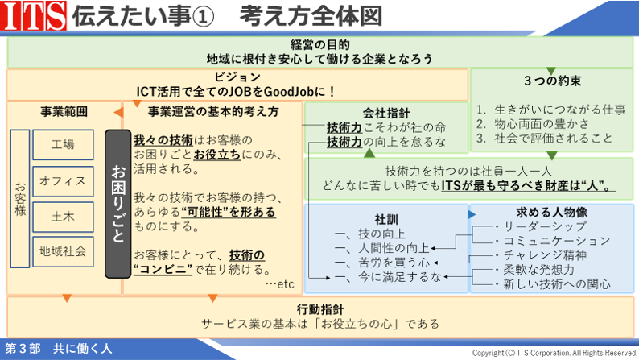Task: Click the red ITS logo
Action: (33, 15)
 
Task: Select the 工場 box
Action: (63, 144)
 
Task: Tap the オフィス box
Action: (63, 181)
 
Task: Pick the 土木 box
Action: (63, 217)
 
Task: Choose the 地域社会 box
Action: (63, 251)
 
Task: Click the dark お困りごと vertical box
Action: (117, 204)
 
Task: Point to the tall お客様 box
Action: (20, 199)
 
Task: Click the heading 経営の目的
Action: (320, 44)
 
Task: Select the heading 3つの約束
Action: (553, 81)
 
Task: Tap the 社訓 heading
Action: (386, 219)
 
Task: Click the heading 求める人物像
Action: (552, 212)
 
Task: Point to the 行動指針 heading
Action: (320, 309)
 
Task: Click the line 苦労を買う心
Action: (394, 263)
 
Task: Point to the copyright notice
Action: (554, 353)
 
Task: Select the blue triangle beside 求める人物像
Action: (472, 214)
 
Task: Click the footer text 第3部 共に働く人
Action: (58, 349)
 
